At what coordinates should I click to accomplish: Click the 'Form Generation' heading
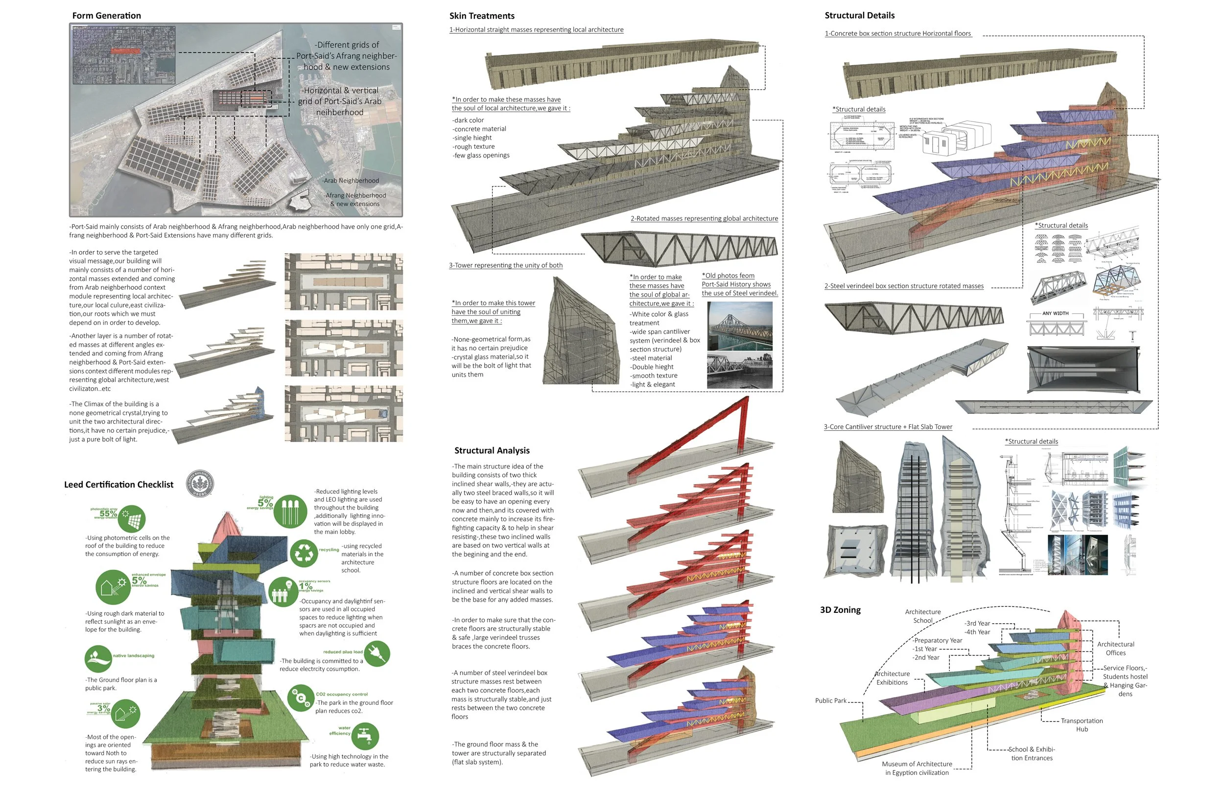tap(106, 16)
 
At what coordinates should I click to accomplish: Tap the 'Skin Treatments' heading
tap(481, 16)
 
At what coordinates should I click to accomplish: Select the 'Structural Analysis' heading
tap(492, 450)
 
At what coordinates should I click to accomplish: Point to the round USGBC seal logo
tap(200, 484)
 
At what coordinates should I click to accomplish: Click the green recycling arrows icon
tap(304, 553)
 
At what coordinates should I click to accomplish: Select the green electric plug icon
tap(377, 653)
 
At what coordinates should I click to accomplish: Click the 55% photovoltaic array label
tap(109, 513)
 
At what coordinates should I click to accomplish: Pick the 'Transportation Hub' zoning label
tap(1082, 724)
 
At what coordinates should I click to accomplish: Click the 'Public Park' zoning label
tap(830, 700)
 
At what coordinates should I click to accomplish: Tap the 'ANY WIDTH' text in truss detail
tap(1055, 313)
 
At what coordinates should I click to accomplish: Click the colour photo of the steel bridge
tap(740, 326)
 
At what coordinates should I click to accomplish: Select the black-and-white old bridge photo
tap(740, 370)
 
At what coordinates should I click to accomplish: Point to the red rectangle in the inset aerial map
tap(125, 51)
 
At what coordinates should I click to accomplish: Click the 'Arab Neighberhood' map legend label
tap(351, 181)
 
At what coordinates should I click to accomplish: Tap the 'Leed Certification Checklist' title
tap(119, 485)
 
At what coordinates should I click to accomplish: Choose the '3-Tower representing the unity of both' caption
tap(506, 265)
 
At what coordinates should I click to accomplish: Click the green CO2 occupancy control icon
tap(300, 698)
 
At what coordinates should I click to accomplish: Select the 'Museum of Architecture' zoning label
tap(917, 768)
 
